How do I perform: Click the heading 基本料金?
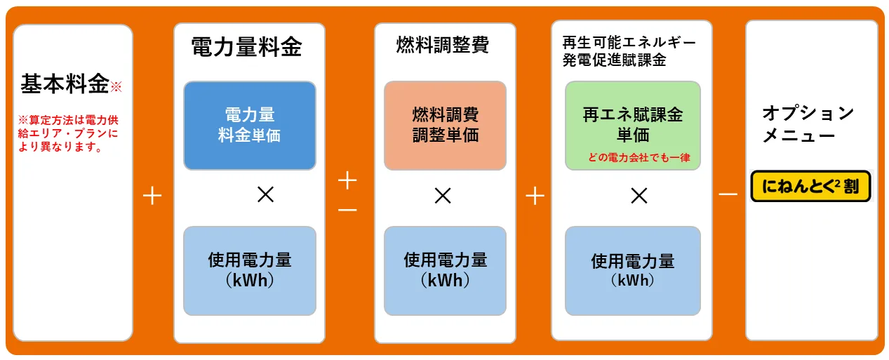[65, 85]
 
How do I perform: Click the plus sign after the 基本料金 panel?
[152, 196]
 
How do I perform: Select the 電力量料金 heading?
[247, 47]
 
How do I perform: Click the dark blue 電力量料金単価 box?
[249, 126]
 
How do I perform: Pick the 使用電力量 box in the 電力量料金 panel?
[249, 270]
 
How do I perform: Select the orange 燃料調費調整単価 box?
[445, 126]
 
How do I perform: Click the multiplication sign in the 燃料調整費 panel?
[442, 196]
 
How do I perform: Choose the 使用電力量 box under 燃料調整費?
[445, 270]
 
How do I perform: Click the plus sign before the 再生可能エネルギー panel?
[535, 196]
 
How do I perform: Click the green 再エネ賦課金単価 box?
[632, 125]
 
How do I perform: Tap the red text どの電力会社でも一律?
[639, 158]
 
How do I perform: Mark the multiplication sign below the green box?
[639, 196]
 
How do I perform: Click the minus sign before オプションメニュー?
[728, 194]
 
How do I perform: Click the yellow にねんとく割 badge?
[810, 187]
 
